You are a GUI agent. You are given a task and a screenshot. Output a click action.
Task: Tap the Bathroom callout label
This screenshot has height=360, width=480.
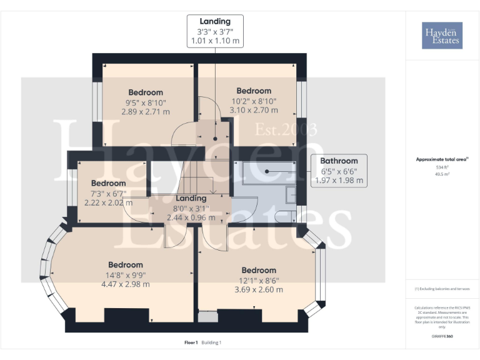339,161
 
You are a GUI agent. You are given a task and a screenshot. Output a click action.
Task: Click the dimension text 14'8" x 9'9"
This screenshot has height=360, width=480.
126,274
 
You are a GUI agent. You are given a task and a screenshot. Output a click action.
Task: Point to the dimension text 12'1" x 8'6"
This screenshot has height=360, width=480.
259,280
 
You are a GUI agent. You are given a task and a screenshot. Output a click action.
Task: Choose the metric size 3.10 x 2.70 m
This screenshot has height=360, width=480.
254,109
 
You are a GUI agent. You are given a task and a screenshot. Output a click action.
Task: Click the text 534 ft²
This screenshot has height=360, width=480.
442,167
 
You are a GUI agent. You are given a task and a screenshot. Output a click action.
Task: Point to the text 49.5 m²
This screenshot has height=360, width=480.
442,174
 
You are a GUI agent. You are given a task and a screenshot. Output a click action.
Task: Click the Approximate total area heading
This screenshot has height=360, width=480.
441,159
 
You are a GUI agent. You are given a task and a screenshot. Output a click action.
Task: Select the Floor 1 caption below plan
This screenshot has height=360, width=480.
191,342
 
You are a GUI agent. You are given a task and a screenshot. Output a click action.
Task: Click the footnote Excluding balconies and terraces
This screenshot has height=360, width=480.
442,289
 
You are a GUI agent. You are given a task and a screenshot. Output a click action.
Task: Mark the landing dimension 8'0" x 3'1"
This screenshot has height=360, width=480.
191,208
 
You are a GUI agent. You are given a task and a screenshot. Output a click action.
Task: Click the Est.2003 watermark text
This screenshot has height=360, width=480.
286,130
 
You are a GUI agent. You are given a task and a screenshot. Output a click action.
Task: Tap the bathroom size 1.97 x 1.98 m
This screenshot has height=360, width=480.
339,180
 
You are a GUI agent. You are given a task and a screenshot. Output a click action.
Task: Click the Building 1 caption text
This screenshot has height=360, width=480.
211,342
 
